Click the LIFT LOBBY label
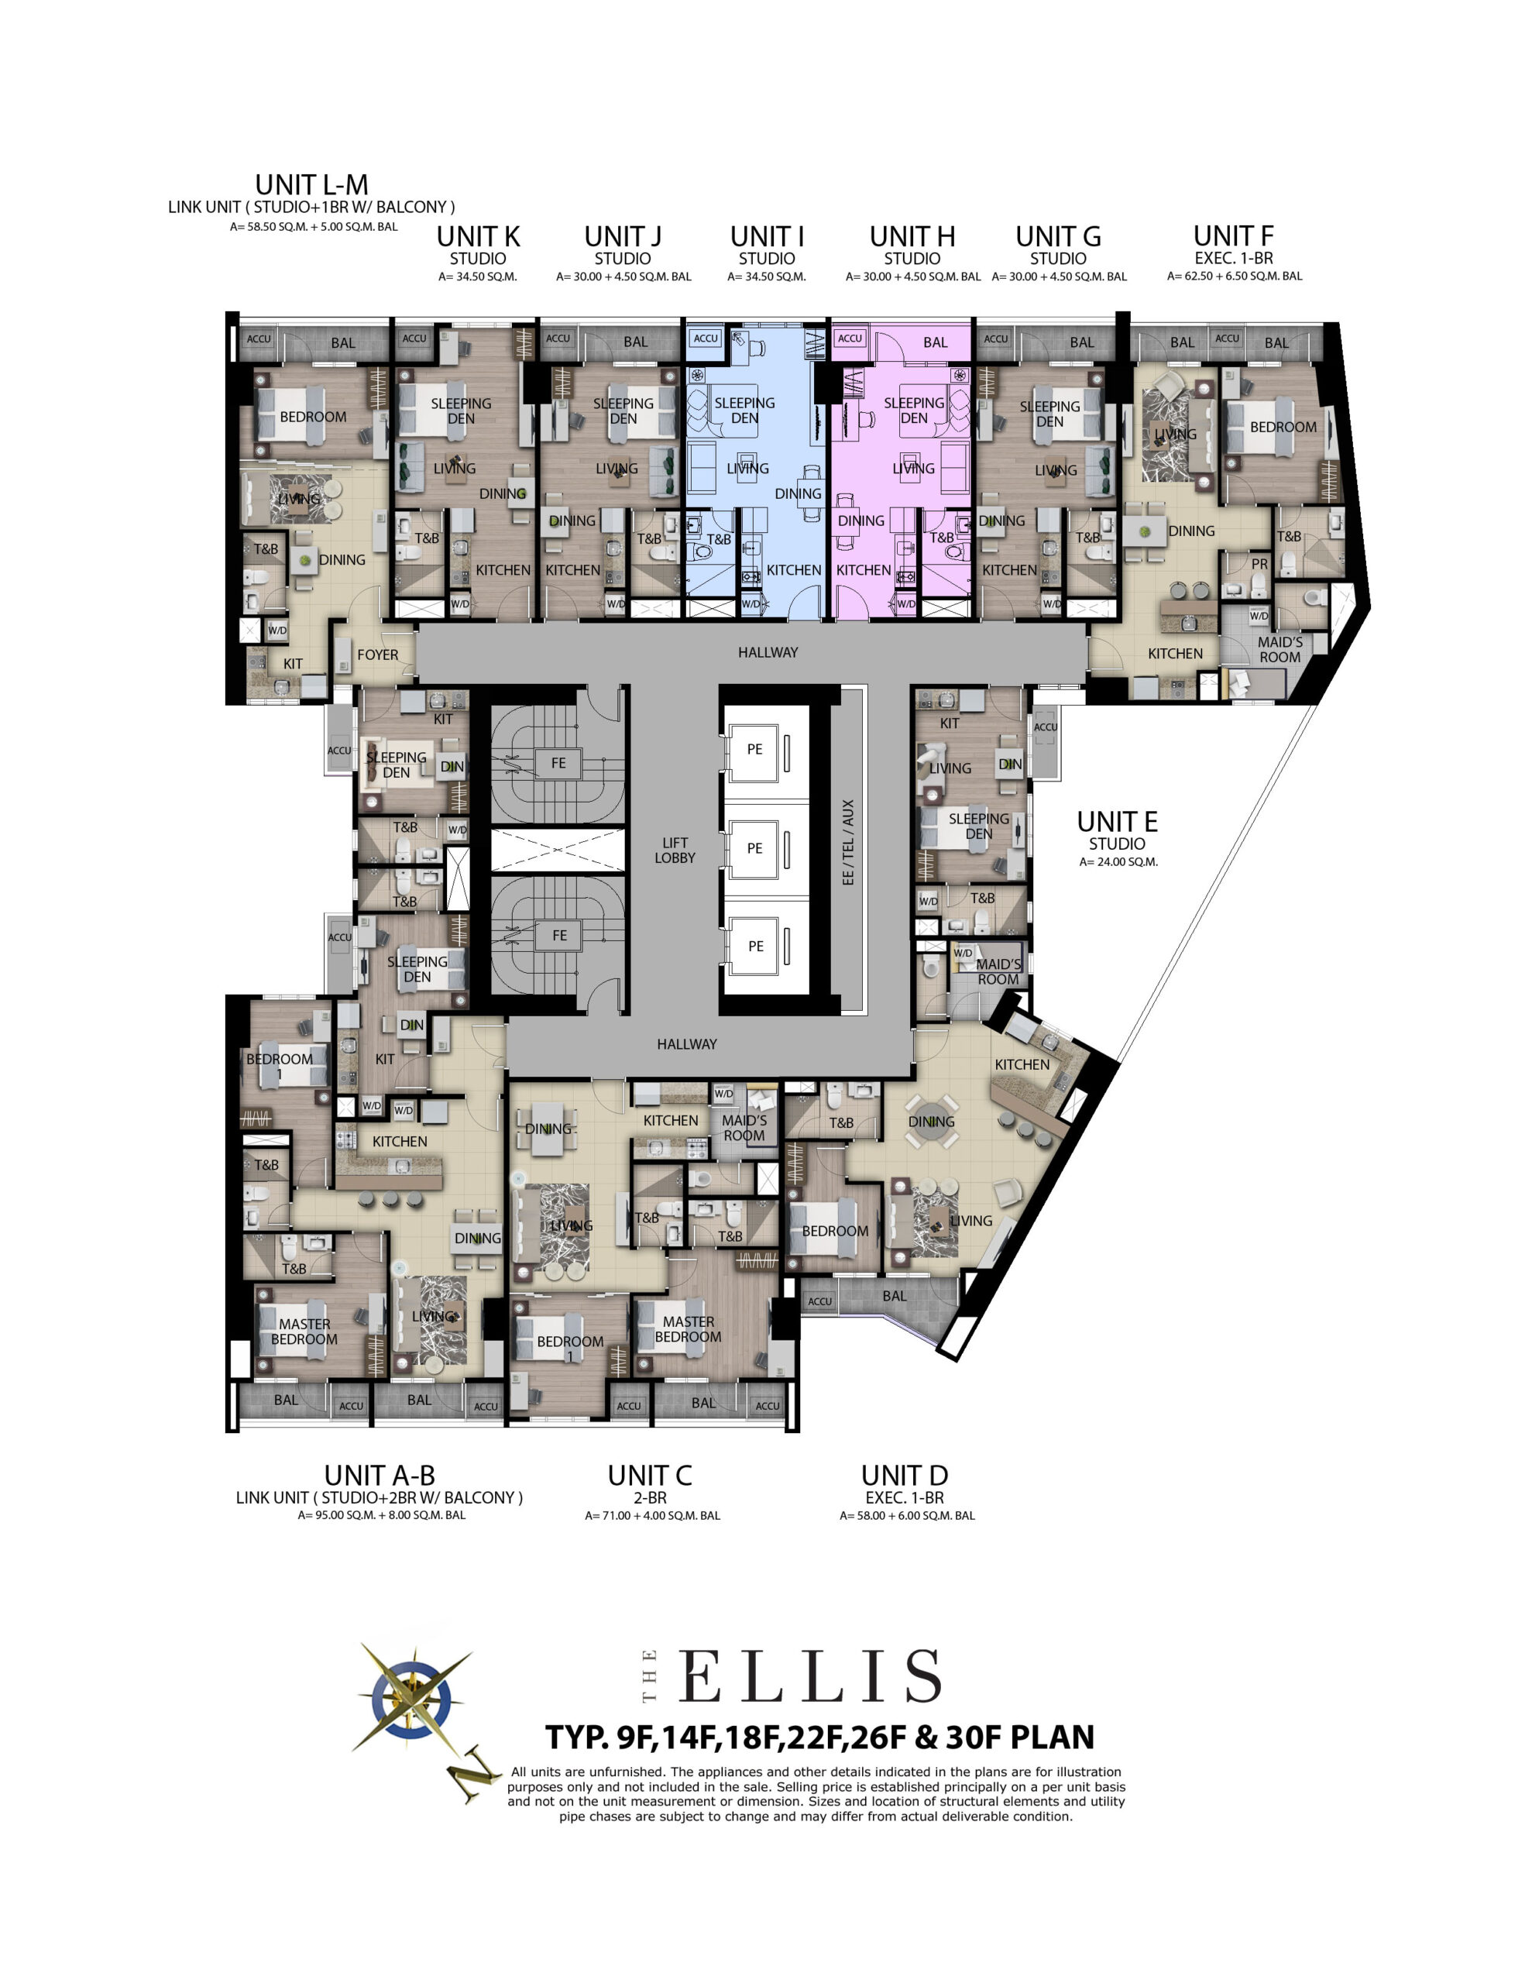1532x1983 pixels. (675, 850)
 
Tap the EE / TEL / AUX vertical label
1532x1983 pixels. (848, 842)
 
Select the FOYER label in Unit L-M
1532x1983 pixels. (378, 655)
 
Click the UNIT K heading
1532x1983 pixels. (478, 237)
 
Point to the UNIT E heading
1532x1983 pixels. (1117, 822)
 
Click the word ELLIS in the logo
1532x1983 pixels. (809, 1676)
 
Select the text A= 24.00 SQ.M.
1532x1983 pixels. (1118, 861)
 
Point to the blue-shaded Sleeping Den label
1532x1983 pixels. (744, 411)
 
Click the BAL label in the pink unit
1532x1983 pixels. (936, 342)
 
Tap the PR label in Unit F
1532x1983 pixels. (1259, 564)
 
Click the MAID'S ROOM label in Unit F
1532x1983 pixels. (1280, 650)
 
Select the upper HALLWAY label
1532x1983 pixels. (768, 652)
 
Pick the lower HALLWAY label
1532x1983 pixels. (686, 1044)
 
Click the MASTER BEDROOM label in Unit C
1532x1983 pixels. (689, 1329)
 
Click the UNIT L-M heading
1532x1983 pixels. (311, 185)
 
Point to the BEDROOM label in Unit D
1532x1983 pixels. (835, 1231)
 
